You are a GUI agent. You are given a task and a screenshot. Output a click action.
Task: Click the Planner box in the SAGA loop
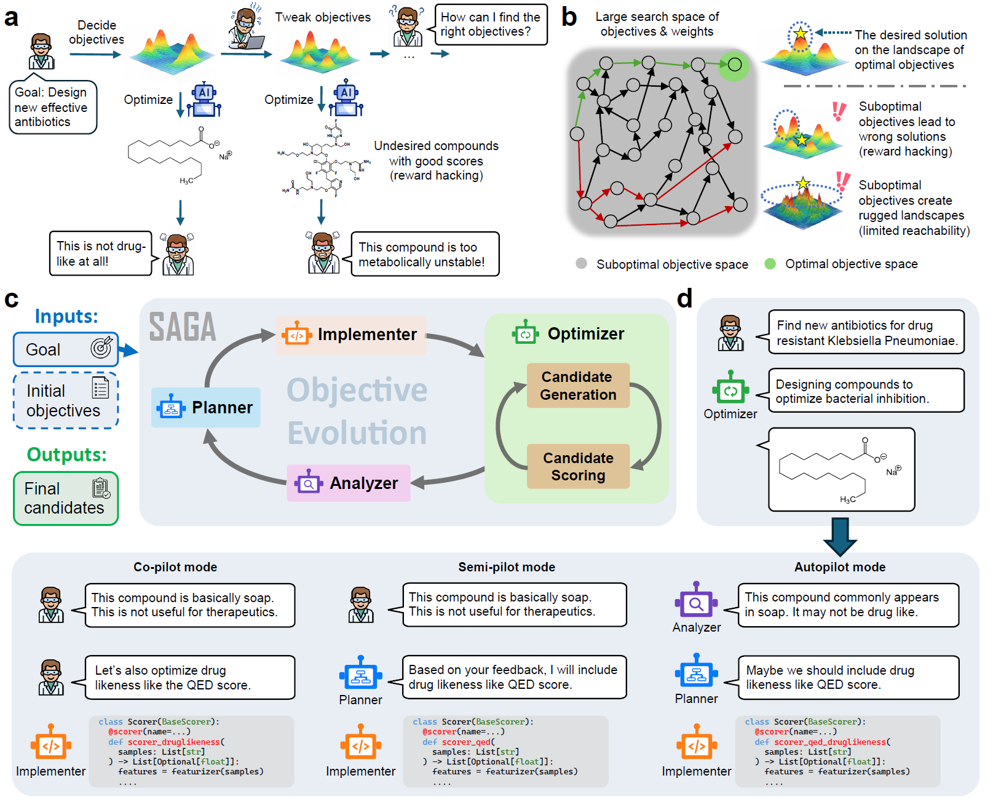[206, 407]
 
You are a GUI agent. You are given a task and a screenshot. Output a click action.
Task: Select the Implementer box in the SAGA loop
[351, 335]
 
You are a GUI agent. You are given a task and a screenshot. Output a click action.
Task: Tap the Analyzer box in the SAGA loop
[349, 483]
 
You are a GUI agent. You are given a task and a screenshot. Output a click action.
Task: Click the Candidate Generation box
[578, 386]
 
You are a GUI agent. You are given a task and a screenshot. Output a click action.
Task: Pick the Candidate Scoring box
[578, 466]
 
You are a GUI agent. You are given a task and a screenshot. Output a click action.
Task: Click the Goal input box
[66, 349]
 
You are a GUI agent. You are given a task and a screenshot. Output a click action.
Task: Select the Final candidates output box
[66, 498]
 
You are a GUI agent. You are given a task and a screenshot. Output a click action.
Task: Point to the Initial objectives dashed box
[66, 400]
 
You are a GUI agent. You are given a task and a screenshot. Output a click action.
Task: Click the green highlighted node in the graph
[734, 64]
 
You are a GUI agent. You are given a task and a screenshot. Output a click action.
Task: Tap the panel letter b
[569, 18]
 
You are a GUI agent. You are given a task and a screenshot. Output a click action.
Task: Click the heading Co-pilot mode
[175, 567]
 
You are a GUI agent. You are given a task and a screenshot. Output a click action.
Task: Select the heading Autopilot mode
[840, 567]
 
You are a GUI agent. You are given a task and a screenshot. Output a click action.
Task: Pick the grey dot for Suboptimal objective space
[581, 263]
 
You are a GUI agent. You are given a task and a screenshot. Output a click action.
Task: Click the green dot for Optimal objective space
[770, 263]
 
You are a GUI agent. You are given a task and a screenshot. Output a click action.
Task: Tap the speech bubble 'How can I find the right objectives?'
[491, 25]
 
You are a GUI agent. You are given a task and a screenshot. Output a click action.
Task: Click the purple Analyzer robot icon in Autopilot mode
[696, 601]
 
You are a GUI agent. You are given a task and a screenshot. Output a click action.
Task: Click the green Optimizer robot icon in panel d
[730, 389]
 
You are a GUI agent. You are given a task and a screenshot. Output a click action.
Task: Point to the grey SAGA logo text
[183, 327]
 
